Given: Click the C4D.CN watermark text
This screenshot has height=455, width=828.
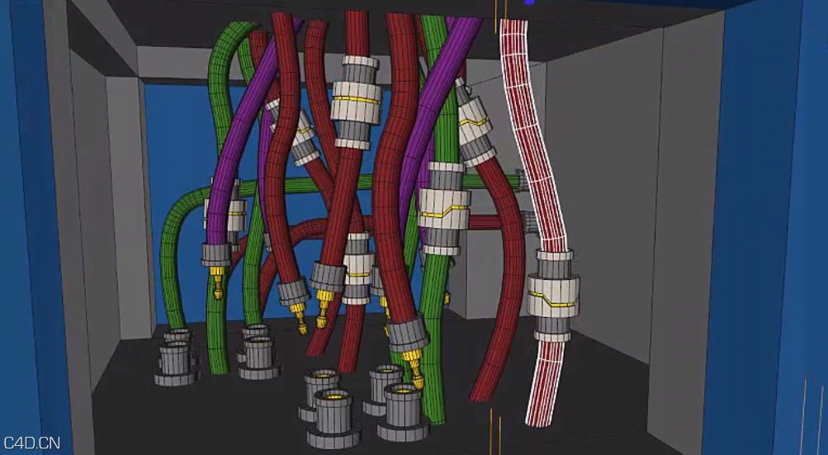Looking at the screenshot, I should (x=31, y=443).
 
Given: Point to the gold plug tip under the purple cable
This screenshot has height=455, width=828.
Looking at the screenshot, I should (x=218, y=285).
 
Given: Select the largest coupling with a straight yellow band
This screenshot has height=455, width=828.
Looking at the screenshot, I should (x=357, y=102).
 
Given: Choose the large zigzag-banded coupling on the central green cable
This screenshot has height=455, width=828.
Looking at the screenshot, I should (x=445, y=210).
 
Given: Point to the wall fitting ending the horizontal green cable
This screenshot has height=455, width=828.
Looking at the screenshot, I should (x=521, y=180).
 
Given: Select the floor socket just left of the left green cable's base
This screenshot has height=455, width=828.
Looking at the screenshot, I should (x=176, y=360).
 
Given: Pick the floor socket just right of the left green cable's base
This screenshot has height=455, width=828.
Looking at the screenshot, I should (x=258, y=356).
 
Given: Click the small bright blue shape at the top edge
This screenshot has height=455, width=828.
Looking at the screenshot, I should (x=528, y=2).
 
